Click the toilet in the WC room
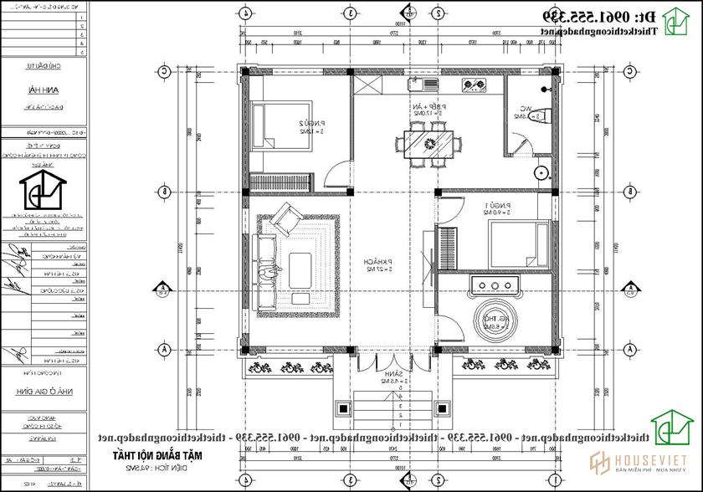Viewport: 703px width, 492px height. (541, 117)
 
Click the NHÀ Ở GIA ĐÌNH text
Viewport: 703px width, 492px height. (41, 390)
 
